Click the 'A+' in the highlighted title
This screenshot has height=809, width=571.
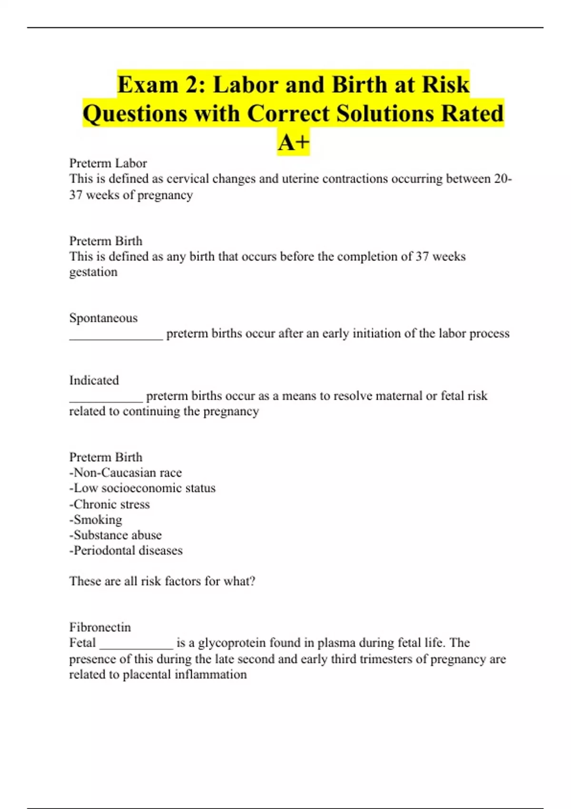(294, 142)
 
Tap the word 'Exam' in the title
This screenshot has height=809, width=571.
(148, 85)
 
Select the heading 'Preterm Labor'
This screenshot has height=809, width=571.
(108, 163)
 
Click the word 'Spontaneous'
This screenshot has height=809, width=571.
(103, 318)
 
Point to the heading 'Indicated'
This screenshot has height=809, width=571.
(94, 380)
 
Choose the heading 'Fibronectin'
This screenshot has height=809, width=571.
(100, 627)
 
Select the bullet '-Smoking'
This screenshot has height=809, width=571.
(96, 519)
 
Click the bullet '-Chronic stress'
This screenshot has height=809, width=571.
(109, 504)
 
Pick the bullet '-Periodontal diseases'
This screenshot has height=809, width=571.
(126, 551)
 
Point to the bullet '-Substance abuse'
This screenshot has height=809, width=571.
(115, 535)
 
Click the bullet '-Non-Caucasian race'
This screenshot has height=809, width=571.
(125, 473)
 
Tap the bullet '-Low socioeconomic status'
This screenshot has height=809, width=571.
(142, 488)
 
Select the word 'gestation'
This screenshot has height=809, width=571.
(93, 272)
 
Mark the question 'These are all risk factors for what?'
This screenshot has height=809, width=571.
(162, 581)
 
